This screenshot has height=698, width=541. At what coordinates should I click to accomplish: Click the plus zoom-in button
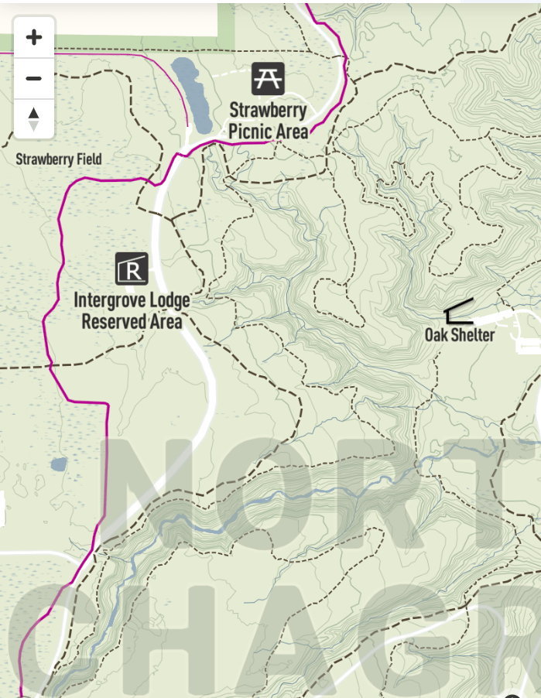click(34, 37)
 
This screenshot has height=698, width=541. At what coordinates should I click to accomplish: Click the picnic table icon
click(268, 78)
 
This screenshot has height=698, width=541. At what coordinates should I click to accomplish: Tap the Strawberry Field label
click(59, 159)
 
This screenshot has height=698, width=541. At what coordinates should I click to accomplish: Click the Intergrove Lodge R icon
click(132, 269)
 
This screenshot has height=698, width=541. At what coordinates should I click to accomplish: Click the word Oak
click(437, 335)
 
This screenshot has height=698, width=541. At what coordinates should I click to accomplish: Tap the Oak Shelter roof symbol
click(459, 311)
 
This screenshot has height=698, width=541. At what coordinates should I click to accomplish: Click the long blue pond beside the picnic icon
click(191, 94)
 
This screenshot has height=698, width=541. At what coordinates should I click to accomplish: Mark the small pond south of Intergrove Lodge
click(58, 464)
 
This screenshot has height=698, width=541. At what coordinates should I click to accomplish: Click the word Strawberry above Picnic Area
click(268, 111)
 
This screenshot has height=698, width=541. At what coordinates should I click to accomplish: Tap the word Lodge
click(169, 300)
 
